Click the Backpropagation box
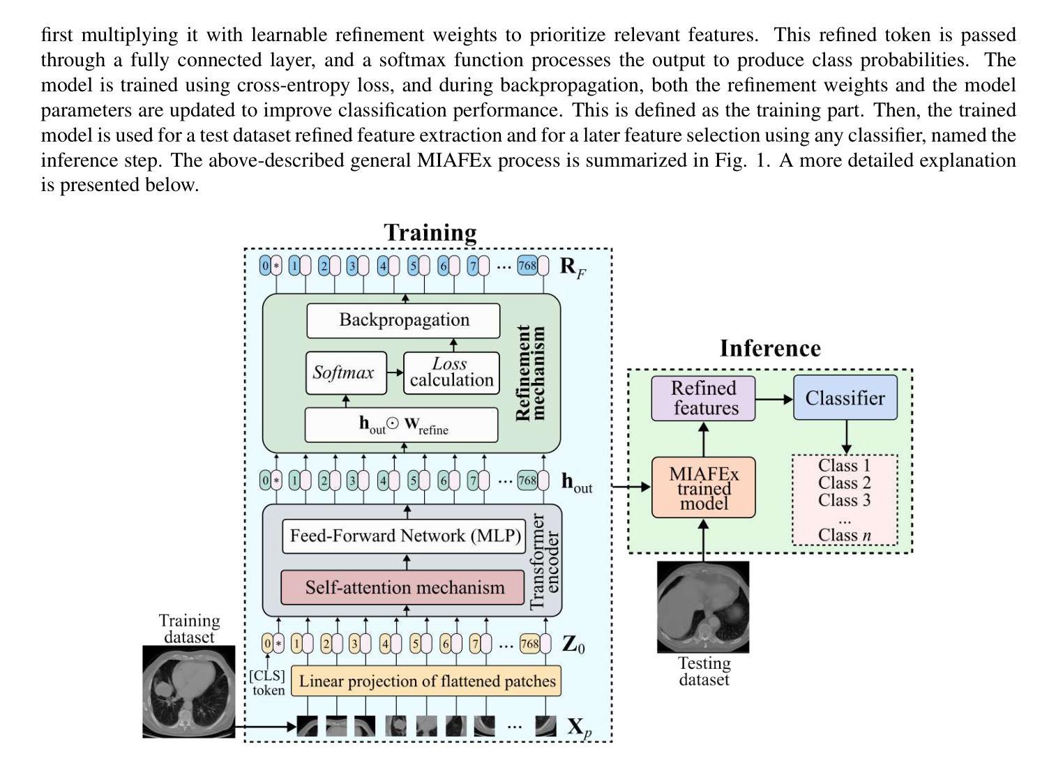click(403, 320)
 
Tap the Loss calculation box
click(451, 372)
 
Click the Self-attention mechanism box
click(403, 587)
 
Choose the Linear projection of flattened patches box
click(425, 681)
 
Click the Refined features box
click(703, 398)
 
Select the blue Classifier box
click(845, 398)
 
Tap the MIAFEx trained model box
click(703, 488)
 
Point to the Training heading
click(430, 232)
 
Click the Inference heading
click(770, 348)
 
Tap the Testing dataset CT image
click(703, 607)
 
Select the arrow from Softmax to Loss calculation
click(395, 372)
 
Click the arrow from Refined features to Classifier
click(774, 399)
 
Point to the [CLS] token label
click(268, 683)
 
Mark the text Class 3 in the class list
click(844, 500)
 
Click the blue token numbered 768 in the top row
click(527, 266)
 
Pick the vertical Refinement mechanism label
click(530, 372)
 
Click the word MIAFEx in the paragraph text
click(446, 160)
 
